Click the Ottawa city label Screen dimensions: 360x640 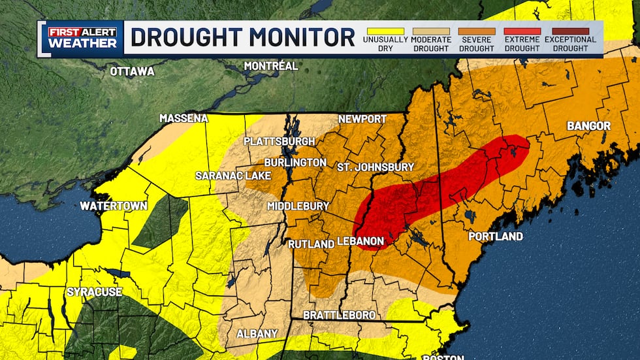132,71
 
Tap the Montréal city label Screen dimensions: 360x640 270,66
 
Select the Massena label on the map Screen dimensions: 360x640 184,118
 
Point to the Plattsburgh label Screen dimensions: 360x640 279,141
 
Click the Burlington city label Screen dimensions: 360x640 295,162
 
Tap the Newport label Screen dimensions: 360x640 362,119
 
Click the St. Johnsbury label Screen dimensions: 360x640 375,167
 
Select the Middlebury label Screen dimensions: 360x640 298,206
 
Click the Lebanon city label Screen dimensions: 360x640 360,241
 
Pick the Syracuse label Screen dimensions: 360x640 94,291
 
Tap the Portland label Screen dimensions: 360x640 496,236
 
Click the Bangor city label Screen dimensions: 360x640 588,125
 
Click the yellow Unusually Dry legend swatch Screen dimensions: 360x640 386,31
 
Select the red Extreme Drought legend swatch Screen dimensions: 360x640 521,31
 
